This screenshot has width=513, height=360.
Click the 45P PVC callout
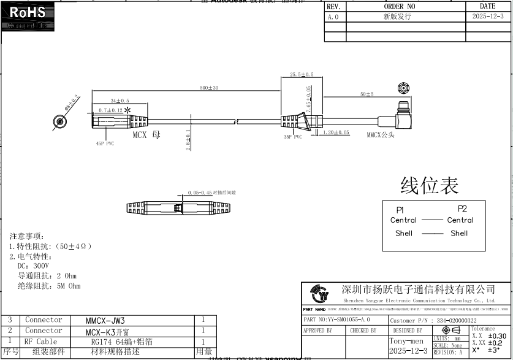point(105,144)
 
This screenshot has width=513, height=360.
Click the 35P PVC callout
point(292,137)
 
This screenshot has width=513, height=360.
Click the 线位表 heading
point(429,185)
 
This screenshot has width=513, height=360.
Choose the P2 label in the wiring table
point(462,209)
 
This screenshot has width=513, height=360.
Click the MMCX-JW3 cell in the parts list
point(105,321)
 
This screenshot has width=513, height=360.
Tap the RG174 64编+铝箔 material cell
point(122,342)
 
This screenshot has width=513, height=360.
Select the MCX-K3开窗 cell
point(109,331)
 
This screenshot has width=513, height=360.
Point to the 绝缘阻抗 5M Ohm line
point(49,286)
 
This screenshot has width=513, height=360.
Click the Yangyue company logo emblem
point(320,294)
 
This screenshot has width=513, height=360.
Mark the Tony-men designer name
point(406,341)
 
